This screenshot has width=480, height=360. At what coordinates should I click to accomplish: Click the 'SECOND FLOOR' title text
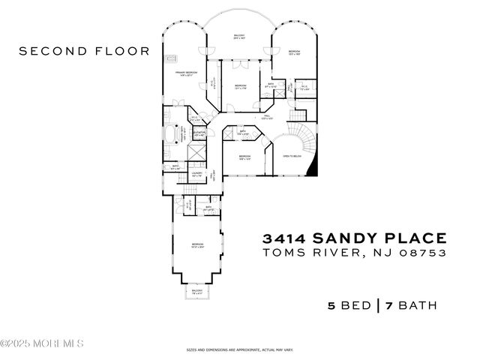[84, 51]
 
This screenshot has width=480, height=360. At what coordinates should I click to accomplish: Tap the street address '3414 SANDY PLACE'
[354, 238]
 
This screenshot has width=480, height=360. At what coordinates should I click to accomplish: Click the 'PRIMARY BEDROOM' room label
[187, 73]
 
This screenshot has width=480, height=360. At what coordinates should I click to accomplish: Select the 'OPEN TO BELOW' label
[291, 157]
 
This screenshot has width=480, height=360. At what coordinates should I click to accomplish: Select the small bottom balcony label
[197, 291]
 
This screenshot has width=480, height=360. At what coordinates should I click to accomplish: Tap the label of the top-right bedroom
[294, 52]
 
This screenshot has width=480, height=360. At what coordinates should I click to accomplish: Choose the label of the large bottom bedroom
[197, 245]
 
